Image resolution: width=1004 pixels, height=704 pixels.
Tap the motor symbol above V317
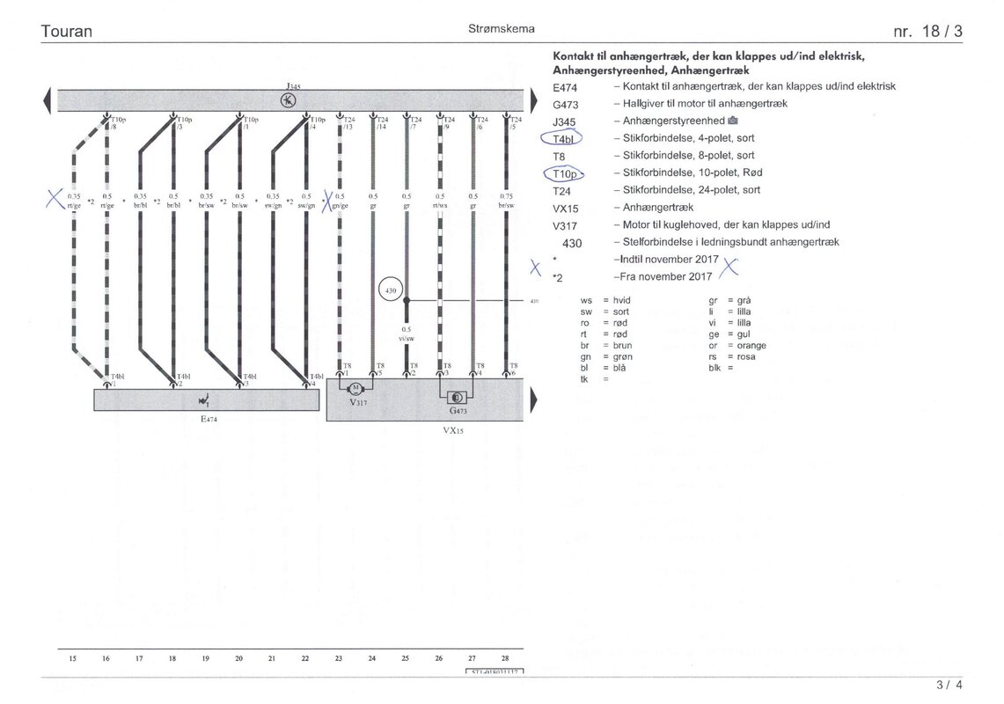356,388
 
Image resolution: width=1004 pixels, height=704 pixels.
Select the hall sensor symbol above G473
458,397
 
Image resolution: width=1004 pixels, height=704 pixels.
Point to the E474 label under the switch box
207,420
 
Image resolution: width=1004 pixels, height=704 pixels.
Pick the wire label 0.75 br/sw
506,201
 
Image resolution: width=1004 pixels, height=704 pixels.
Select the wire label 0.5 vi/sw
407,333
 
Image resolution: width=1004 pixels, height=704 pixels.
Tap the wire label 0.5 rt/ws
439,201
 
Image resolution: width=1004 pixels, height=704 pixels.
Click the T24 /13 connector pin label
348,123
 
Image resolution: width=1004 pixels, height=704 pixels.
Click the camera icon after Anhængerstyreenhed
733,121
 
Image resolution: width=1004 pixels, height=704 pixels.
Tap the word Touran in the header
67,32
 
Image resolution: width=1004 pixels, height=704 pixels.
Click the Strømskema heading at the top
502,29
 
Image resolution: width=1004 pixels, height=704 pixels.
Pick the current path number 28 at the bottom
505,658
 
